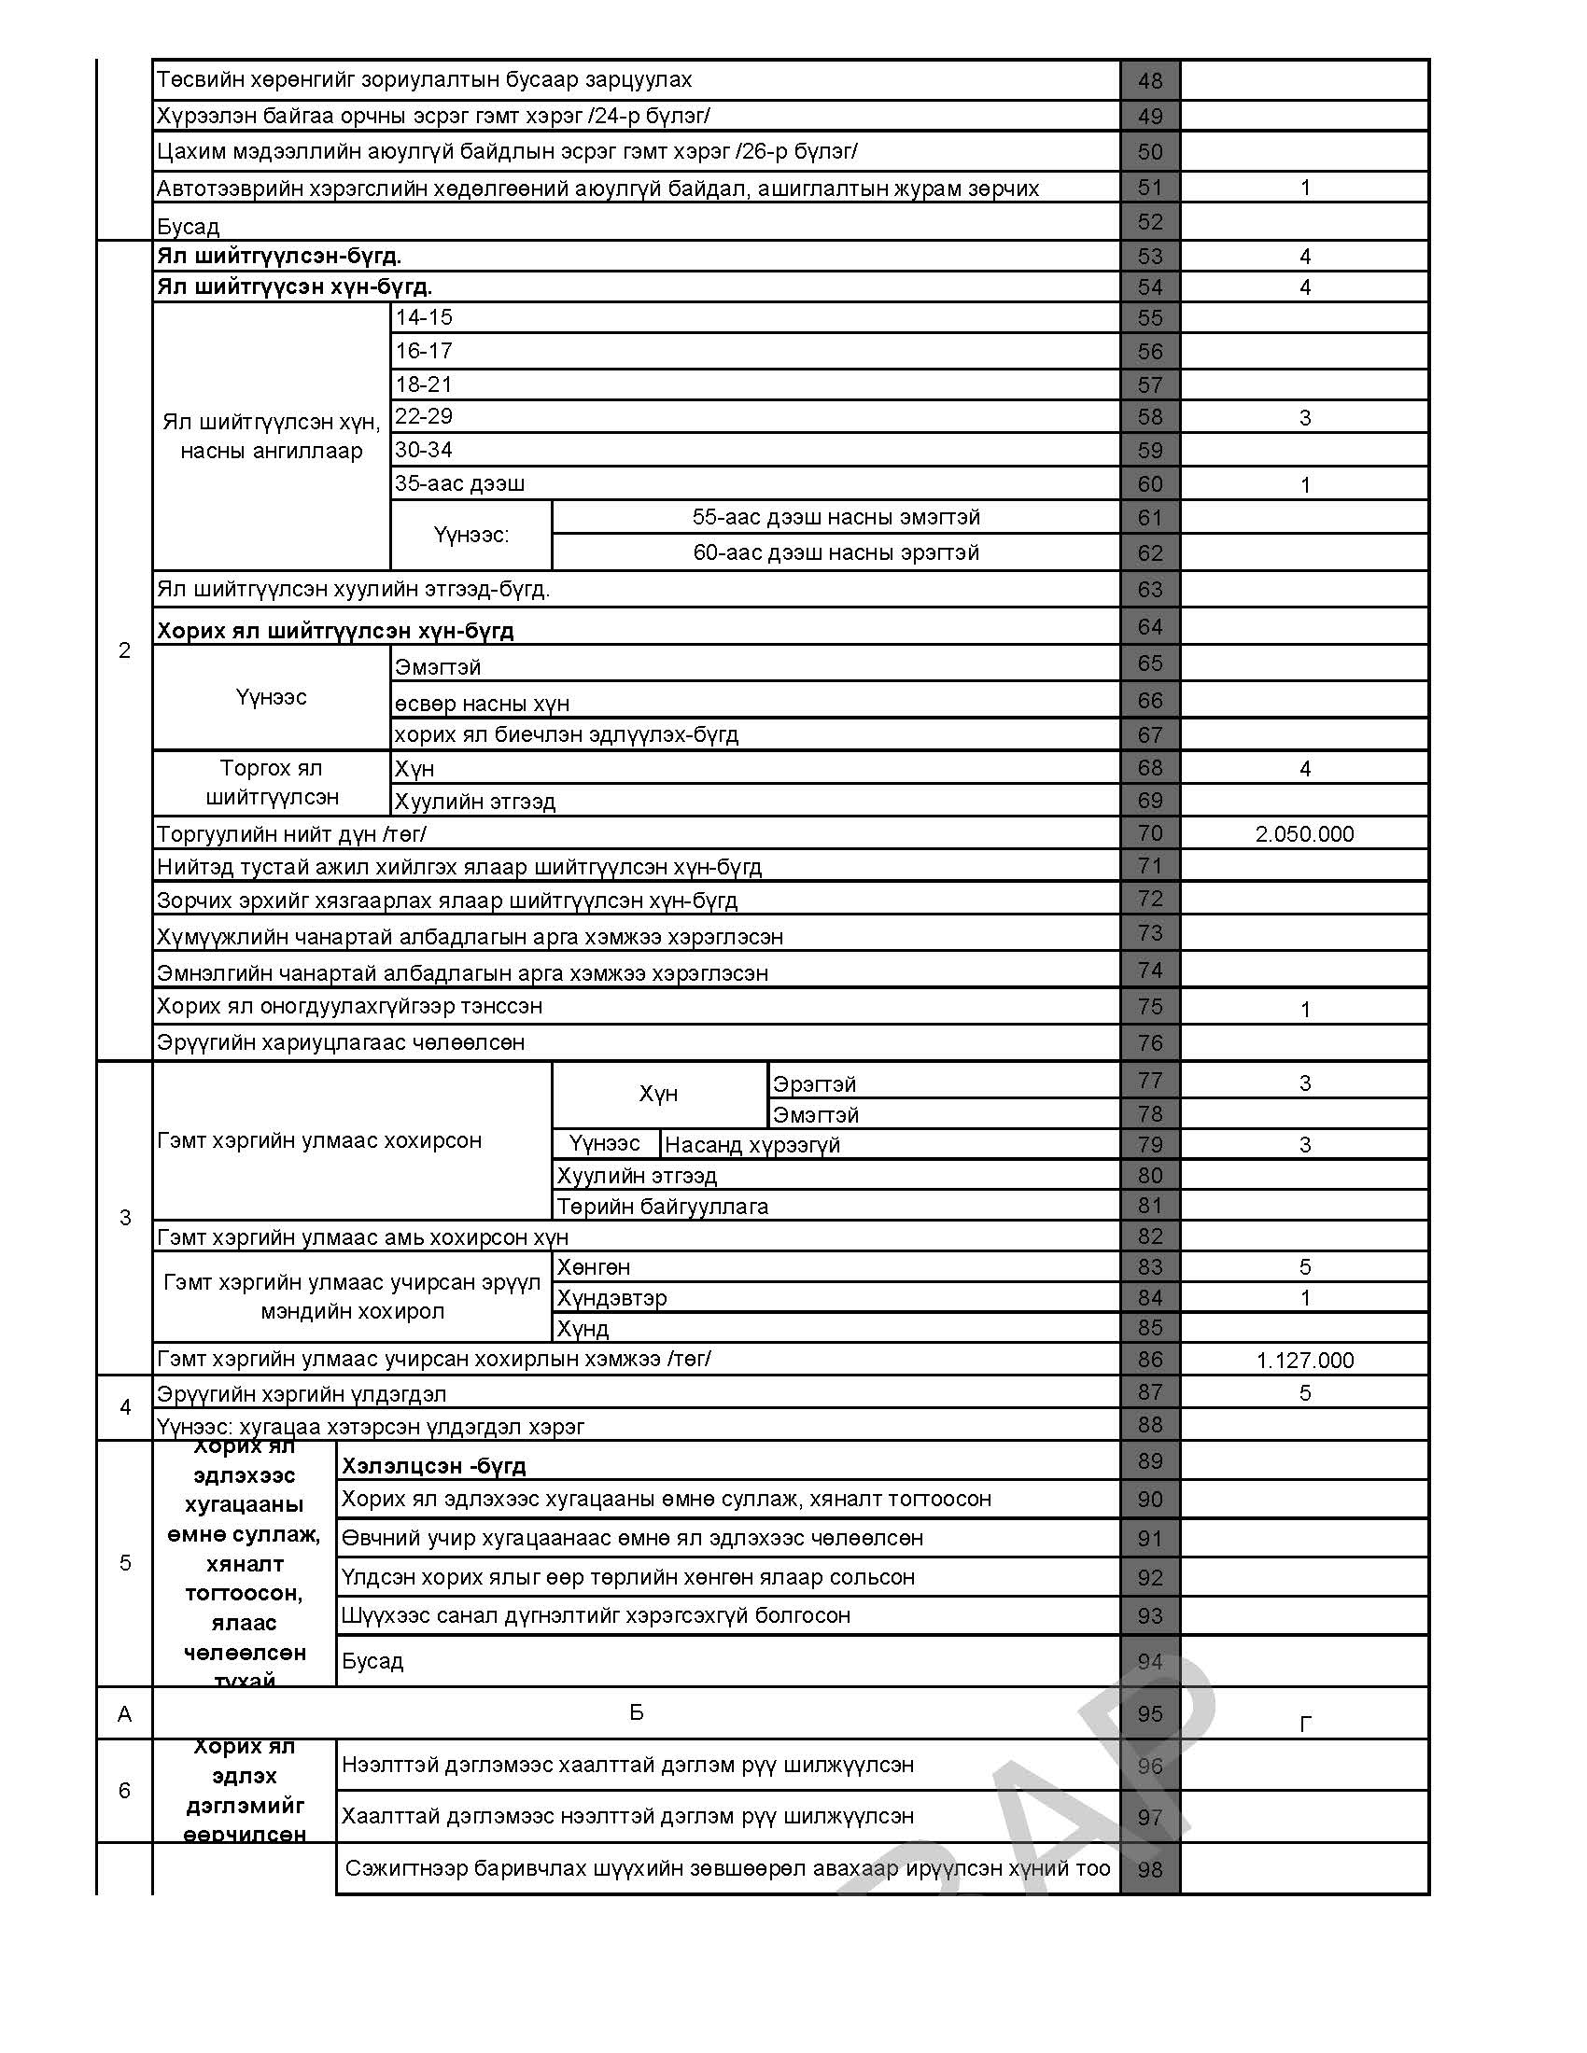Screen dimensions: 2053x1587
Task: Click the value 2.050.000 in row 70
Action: tap(1304, 833)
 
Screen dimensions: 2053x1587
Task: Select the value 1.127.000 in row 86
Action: tap(1304, 1361)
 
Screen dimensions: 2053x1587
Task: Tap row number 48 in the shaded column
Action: tap(1150, 81)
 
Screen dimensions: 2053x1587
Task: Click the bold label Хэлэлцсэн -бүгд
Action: tap(433, 1465)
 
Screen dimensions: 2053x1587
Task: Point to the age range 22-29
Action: tap(424, 416)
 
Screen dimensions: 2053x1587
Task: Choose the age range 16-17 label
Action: tap(424, 351)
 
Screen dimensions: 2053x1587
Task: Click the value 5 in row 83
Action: tap(1304, 1267)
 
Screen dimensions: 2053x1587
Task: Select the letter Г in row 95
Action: tap(1304, 1723)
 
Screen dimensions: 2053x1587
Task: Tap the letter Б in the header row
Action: tap(636, 1711)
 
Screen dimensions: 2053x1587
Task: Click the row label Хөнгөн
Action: tap(593, 1267)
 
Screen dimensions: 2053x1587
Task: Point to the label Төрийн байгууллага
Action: tap(662, 1206)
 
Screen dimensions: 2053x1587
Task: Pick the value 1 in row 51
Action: tap(1304, 188)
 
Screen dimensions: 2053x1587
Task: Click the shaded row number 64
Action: tap(1150, 627)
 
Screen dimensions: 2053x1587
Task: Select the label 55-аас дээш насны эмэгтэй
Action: tap(836, 517)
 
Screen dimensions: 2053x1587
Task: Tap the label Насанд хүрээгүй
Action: tap(752, 1144)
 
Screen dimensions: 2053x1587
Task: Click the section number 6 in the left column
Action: tap(124, 1790)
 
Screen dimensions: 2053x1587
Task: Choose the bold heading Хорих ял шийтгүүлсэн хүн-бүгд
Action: tap(335, 631)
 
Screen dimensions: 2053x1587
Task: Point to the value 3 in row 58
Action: tap(1304, 418)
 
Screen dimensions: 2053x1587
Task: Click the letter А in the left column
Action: tap(124, 1714)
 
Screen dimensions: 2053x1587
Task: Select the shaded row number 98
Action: tap(1150, 1870)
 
